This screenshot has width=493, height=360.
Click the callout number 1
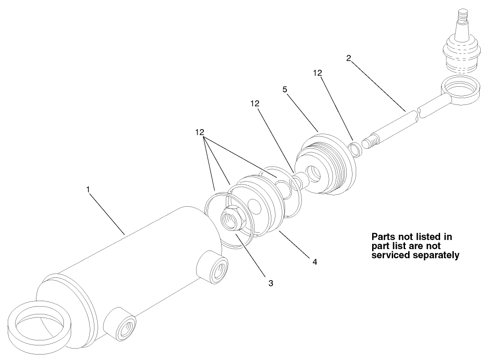(88, 189)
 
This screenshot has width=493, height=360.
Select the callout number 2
(348, 58)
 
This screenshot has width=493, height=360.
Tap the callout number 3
(271, 283)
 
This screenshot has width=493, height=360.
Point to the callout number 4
(315, 261)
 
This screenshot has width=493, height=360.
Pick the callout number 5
(285, 90)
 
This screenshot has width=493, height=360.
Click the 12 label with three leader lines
(200, 132)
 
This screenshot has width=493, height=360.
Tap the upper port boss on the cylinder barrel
(213, 266)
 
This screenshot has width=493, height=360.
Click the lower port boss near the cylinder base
(121, 324)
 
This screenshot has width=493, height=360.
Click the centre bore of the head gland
(314, 173)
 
